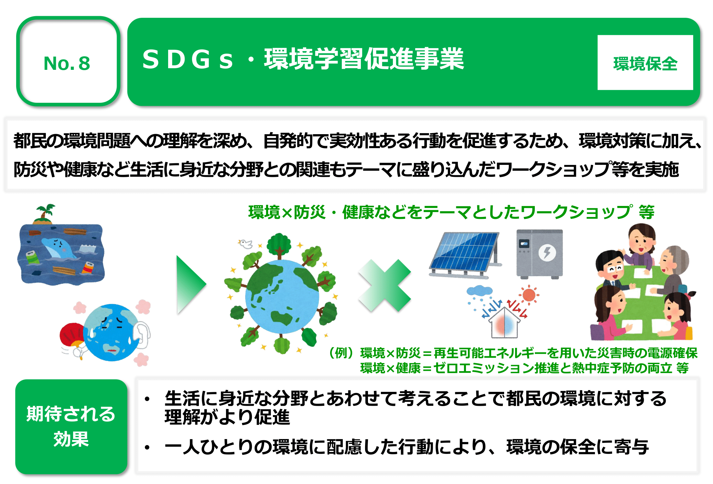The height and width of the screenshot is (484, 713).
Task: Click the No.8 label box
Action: coord(68,61)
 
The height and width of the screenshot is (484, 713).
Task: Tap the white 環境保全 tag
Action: coord(645,62)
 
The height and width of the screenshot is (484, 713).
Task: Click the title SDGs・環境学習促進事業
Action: coord(303,59)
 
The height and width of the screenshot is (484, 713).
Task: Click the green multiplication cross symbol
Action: coord(385,285)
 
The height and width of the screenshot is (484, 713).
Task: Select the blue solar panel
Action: coord(464,253)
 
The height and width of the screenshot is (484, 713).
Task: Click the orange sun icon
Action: coord(529,295)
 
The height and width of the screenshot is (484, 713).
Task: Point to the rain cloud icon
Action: coord(479,291)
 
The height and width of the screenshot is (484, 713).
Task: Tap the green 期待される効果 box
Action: coord(71,427)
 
